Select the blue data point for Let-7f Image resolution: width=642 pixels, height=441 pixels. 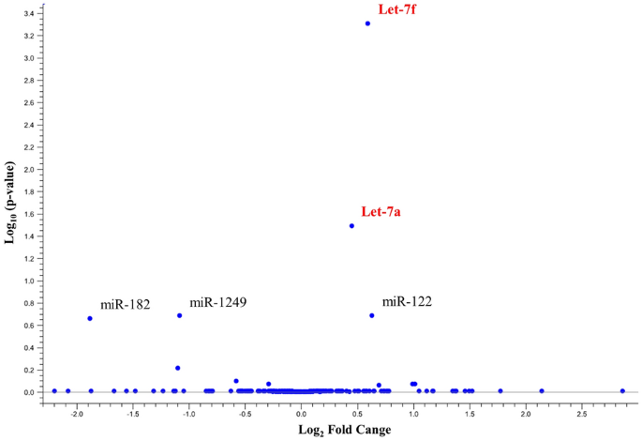(367, 23)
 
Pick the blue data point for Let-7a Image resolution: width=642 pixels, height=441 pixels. (351, 226)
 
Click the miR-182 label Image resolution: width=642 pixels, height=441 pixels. (126, 305)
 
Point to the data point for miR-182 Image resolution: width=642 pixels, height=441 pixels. (90, 318)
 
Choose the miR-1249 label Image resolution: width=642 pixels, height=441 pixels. (218, 302)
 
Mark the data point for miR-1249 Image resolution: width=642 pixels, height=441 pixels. (179, 315)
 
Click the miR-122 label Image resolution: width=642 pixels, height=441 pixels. (407, 301)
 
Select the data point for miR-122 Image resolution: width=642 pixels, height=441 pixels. (372, 315)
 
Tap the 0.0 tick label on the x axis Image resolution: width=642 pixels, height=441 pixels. (301, 413)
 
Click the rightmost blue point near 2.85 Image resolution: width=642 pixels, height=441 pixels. (622, 390)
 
